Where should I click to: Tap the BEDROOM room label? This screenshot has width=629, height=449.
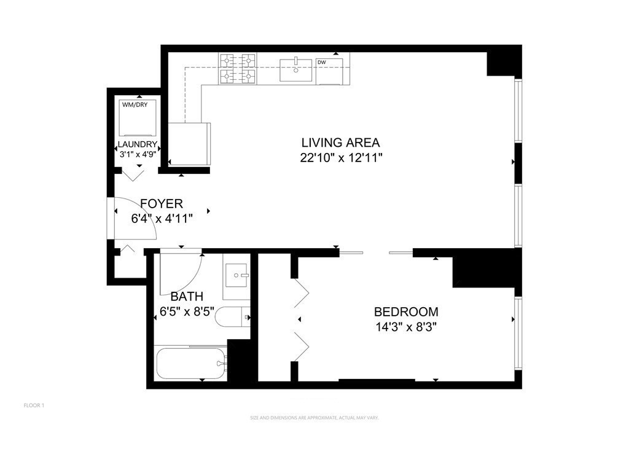click(406, 311)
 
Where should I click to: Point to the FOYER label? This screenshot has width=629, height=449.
click(162, 203)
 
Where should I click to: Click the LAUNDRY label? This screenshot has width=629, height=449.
click(138, 146)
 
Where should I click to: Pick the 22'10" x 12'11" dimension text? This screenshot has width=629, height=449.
click(342, 158)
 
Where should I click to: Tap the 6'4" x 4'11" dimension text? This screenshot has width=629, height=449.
click(162, 218)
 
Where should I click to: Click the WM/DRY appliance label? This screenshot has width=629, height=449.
click(135, 104)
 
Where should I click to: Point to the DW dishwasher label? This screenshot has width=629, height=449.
click(321, 62)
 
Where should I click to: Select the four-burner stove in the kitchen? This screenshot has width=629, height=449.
click(238, 69)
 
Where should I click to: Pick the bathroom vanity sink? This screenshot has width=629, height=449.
click(237, 275)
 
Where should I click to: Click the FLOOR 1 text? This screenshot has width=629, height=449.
click(34, 405)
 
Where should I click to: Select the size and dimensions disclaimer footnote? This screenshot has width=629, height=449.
click(314, 418)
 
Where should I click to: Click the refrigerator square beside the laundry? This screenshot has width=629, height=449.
click(189, 143)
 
